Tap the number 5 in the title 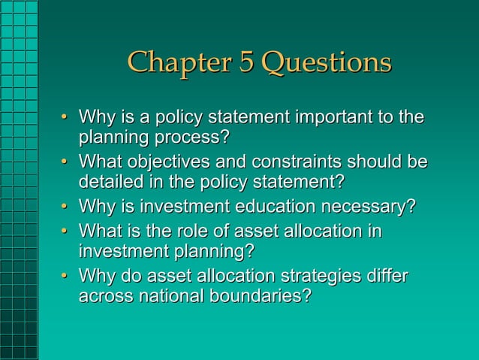246,62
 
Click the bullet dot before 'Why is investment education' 65,207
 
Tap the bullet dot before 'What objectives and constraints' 65,162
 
